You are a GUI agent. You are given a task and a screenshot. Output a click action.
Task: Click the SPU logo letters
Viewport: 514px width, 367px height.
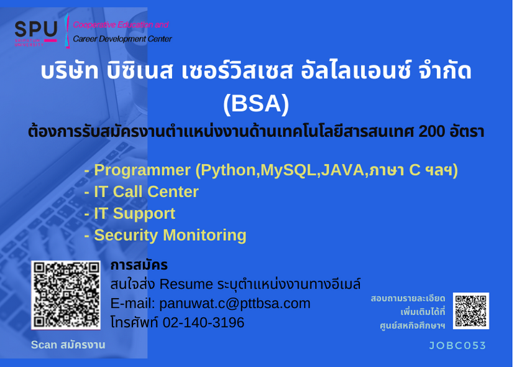click(x=36, y=29)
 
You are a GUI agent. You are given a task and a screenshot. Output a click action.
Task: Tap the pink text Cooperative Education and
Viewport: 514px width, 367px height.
click(x=121, y=25)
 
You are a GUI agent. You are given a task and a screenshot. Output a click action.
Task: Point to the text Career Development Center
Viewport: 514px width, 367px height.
click(x=122, y=39)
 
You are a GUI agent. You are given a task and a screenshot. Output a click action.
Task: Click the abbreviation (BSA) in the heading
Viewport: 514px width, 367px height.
click(x=256, y=104)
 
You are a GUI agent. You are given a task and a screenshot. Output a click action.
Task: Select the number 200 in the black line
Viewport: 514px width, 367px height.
click(x=432, y=131)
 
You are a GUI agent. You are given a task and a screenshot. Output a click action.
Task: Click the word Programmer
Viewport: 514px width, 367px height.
click(x=142, y=170)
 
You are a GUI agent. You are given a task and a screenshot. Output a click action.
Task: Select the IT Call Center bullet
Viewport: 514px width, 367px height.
click(x=141, y=192)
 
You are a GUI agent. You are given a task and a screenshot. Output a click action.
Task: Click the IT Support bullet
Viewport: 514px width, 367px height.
click(x=130, y=213)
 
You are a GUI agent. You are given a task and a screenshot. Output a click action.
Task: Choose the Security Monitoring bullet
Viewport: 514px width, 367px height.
click(x=165, y=235)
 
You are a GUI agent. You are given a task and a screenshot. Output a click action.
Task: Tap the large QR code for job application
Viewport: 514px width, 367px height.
click(x=65, y=295)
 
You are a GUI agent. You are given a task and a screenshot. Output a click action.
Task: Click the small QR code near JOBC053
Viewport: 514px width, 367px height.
click(x=471, y=310)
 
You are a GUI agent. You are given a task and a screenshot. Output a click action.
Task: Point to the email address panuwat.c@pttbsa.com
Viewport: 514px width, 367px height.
click(x=235, y=304)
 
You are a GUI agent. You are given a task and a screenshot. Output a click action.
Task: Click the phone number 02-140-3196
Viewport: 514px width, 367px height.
click(x=203, y=322)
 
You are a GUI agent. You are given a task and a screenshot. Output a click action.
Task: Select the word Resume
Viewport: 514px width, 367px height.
click(x=186, y=284)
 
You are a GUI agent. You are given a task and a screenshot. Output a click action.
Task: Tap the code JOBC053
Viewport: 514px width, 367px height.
click(x=457, y=345)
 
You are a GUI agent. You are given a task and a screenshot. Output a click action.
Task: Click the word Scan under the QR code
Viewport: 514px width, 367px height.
click(x=44, y=345)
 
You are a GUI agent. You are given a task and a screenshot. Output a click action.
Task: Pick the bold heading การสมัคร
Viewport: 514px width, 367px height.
click(x=139, y=265)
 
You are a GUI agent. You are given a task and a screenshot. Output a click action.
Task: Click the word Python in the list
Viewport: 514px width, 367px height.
click(x=228, y=170)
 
